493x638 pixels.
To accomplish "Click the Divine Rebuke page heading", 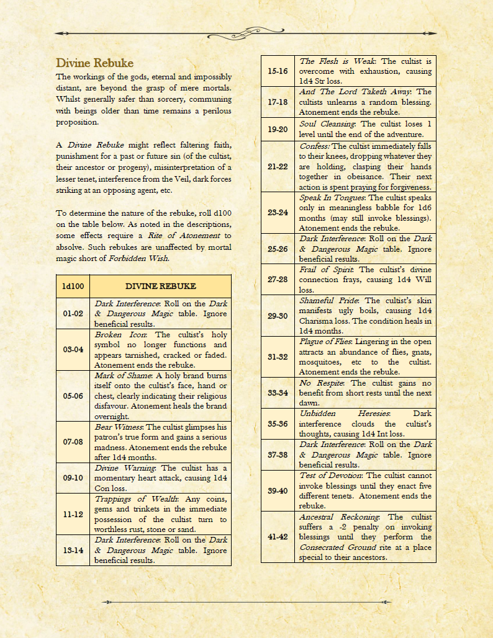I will coord(94,63).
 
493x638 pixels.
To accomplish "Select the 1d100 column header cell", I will coord(75,286).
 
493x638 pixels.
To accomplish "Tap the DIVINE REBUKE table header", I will coord(161,286).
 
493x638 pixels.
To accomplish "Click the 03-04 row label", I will coord(75,350).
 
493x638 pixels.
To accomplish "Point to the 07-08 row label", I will coord(75,442).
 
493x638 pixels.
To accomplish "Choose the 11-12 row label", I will coord(75,514).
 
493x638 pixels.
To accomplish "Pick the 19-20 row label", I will coord(278,130).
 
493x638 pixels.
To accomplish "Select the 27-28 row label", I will coord(278,280).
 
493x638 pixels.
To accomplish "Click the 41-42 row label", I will coord(278,536).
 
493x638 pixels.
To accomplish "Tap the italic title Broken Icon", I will coord(116,335).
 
